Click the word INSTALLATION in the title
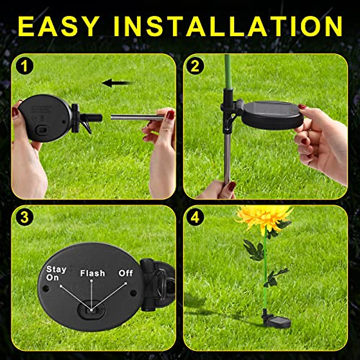(228, 26)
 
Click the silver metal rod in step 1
(135, 117)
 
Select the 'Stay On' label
(56, 273)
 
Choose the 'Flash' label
(92, 273)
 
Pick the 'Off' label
(125, 273)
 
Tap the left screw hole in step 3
(46, 288)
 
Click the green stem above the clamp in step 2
(228, 72)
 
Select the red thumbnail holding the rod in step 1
(170, 115)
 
